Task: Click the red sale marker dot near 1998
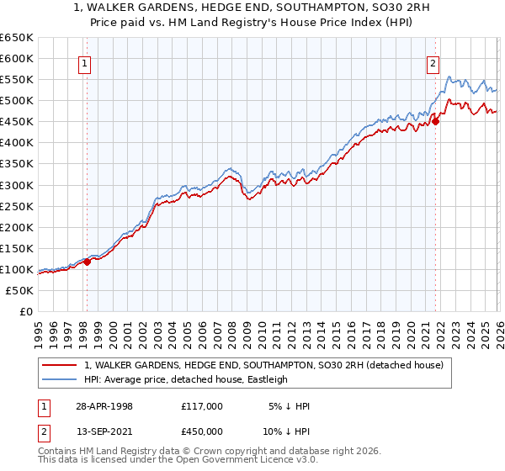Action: (x=88, y=262)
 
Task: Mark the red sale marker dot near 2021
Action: (x=436, y=121)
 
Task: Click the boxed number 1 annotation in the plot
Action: (x=87, y=61)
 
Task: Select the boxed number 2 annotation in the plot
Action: (x=433, y=61)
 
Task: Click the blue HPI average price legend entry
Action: (x=186, y=379)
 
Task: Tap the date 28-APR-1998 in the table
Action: (x=104, y=405)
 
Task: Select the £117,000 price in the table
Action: (x=201, y=405)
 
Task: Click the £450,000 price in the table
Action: (x=201, y=431)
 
